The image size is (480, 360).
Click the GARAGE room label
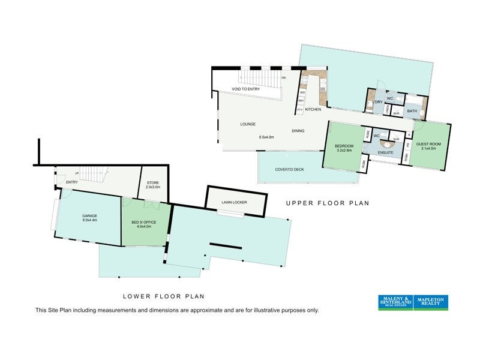coord(89,216)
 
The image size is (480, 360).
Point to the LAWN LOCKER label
coord(235,202)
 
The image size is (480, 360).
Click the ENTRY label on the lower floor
coord(72,182)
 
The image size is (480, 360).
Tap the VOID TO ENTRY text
coord(246,89)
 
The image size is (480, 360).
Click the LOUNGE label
coord(248,124)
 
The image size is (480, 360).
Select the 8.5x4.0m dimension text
coord(266,137)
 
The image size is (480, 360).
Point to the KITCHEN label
coord(313,110)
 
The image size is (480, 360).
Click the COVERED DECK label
coord(290,169)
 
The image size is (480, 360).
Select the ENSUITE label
coord(385,153)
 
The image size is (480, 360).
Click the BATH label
coord(412,111)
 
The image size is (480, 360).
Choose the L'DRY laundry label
coord(377,103)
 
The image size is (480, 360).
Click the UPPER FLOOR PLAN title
coord(327,203)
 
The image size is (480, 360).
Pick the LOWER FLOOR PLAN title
coord(164,296)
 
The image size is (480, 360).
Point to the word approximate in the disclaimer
coord(194,311)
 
